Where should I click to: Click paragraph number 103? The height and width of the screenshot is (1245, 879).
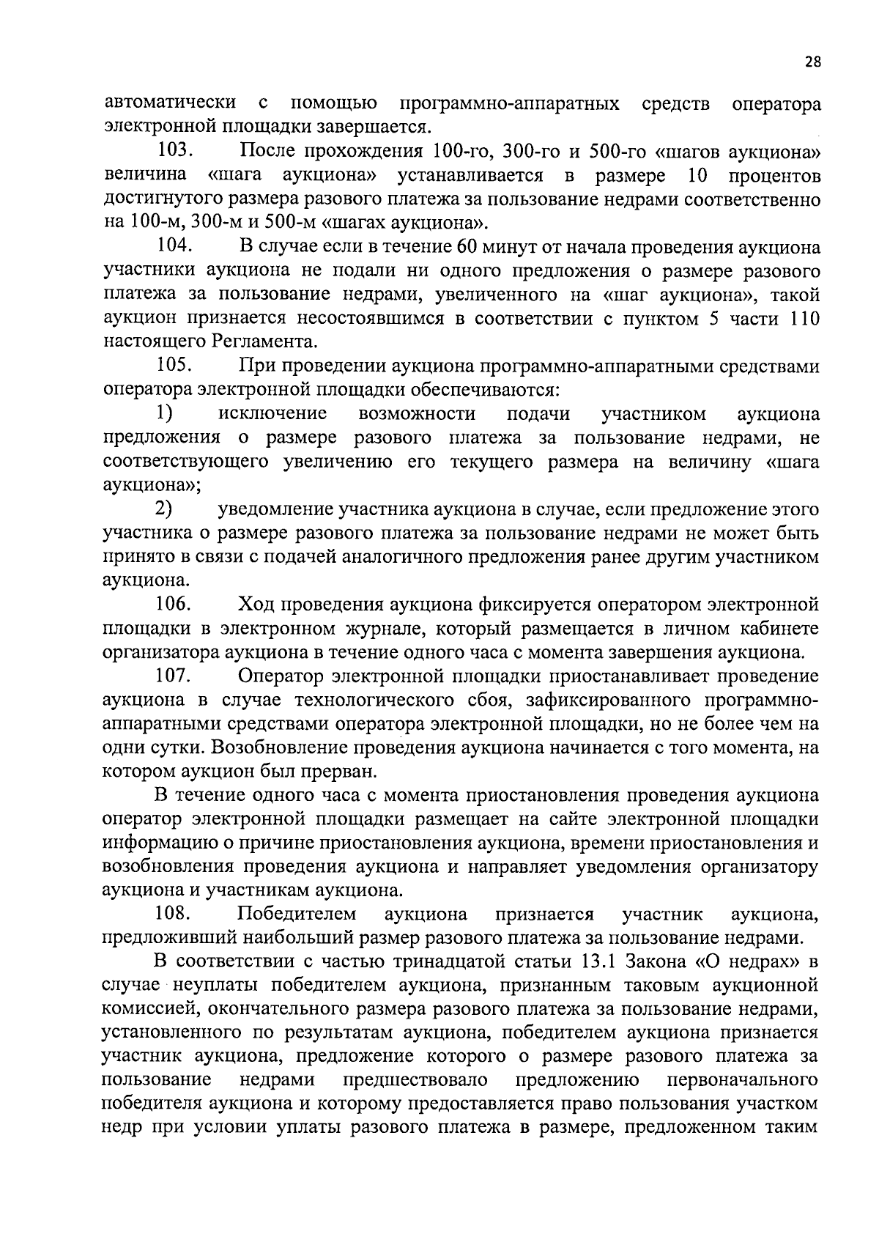point(174,152)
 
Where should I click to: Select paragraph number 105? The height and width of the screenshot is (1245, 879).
point(174,366)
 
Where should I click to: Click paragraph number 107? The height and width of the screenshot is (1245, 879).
point(174,676)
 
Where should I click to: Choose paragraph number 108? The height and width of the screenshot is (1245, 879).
point(174,914)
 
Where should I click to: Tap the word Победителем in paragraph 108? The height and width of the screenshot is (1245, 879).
point(297,914)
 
